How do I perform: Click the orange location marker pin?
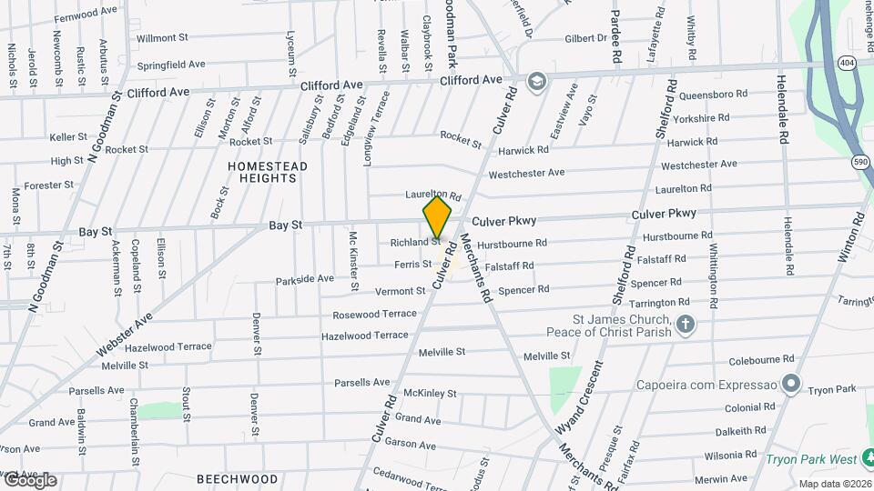click(x=437, y=216)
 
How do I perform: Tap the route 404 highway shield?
click(x=848, y=63)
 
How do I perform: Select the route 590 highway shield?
click(x=860, y=161)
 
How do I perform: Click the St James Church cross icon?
click(x=686, y=324)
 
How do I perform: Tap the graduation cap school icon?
click(x=536, y=80)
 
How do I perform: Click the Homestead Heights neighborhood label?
click(x=268, y=172)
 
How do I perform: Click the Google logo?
click(x=29, y=480)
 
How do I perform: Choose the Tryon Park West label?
click(x=818, y=460)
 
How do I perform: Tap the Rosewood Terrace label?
click(x=374, y=314)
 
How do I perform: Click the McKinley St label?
click(x=430, y=394)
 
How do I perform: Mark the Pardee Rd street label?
click(x=616, y=36)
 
